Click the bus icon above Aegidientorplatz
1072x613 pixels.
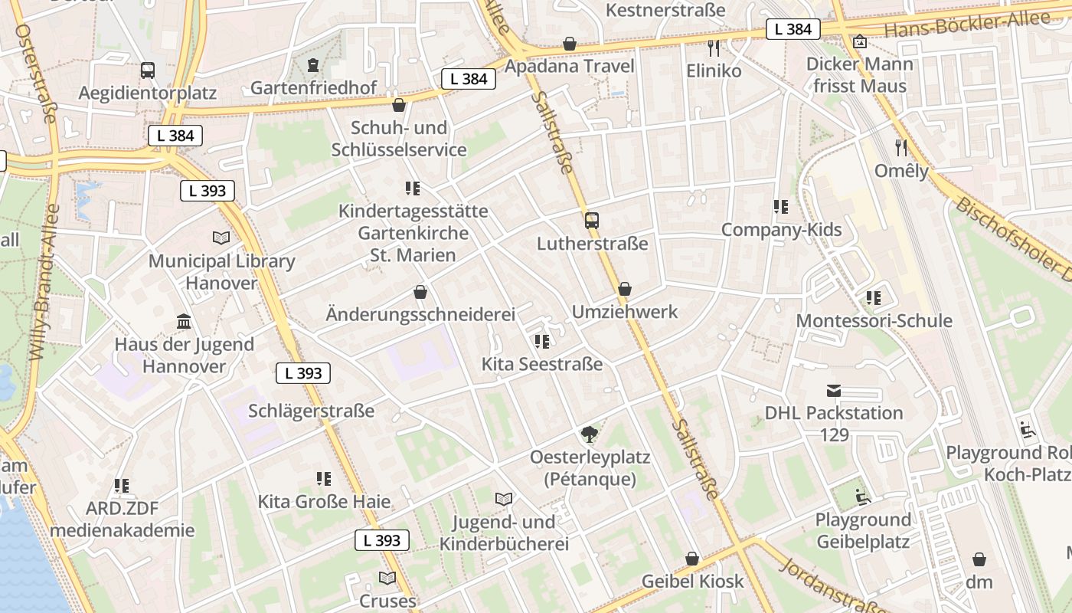click(x=148, y=70)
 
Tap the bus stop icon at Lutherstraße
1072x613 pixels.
click(x=592, y=221)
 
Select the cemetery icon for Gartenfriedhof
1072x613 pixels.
click(x=312, y=65)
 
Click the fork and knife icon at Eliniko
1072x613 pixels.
click(x=714, y=48)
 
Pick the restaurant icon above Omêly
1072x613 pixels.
click(x=901, y=147)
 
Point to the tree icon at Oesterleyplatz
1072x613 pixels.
click(x=590, y=434)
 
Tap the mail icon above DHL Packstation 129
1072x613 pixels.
click(x=834, y=391)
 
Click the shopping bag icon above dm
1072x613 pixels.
click(x=979, y=559)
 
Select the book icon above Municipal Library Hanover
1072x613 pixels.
click(x=221, y=238)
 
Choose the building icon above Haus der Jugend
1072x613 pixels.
click(x=184, y=321)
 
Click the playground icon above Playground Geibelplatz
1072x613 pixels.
click(x=862, y=497)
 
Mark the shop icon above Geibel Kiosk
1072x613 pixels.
click(x=692, y=559)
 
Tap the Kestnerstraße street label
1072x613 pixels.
click(x=665, y=10)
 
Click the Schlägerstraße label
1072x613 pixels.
click(x=311, y=411)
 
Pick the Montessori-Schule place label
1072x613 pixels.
click(x=874, y=320)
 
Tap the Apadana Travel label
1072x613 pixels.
click(x=570, y=66)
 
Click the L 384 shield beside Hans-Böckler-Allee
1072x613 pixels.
click(x=793, y=29)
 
